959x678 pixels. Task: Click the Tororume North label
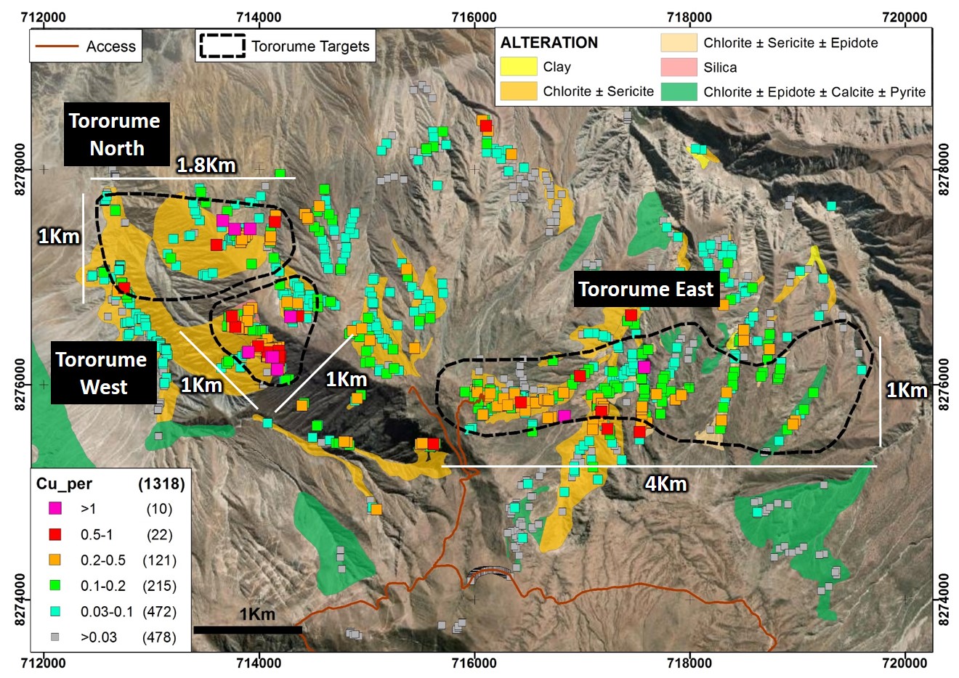[116, 134]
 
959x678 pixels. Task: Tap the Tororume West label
[102, 373]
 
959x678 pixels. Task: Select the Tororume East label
[646, 290]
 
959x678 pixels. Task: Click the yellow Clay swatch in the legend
[518, 67]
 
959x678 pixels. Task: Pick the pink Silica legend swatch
[679, 68]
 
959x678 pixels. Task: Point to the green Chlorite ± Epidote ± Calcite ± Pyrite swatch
[679, 91]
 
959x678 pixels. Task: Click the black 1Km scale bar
[247, 630]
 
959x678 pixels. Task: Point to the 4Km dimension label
[665, 483]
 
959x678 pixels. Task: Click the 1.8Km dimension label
[206, 166]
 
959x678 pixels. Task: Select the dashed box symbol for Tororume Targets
[222, 46]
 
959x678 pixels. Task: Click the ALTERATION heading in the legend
[549, 43]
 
